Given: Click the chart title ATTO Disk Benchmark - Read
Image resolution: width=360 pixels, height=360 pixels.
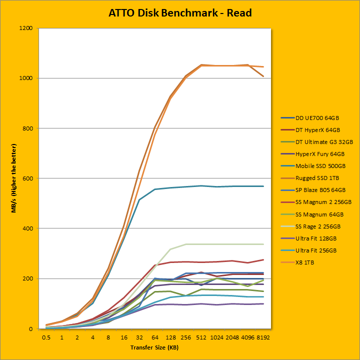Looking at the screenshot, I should (x=180, y=12).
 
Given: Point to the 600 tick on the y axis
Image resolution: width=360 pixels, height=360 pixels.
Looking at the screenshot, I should (x=27, y=178).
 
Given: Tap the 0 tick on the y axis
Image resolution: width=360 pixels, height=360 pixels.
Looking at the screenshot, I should (x=31, y=328).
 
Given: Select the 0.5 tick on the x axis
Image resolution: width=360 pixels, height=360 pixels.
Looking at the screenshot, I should (x=46, y=337).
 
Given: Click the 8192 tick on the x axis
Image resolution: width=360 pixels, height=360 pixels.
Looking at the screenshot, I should (x=263, y=337).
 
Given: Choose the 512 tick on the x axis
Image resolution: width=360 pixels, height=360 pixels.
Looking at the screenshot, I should (x=202, y=337).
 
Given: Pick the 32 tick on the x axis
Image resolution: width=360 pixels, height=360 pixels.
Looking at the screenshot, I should (x=139, y=337).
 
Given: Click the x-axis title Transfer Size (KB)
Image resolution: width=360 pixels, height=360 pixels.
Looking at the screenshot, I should (x=154, y=347).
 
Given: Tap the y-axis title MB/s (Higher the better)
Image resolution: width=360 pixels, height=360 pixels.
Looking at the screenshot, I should (x=14, y=178).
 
